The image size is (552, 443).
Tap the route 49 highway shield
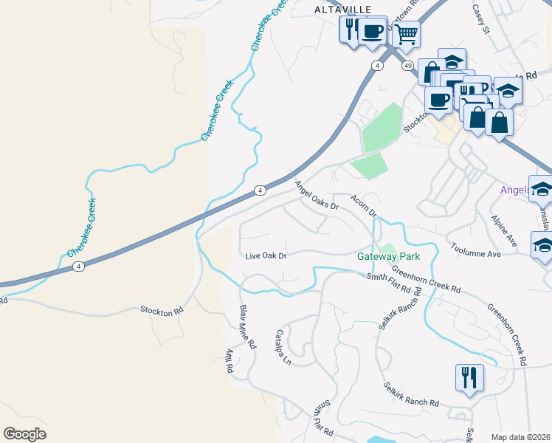coord(408,66)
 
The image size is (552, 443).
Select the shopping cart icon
coord(405,34)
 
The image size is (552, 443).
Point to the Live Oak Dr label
coord(266,255)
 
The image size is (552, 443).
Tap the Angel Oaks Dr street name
coord(316,196)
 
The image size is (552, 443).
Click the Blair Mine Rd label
coord(247,326)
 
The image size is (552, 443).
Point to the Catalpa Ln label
coord(284,347)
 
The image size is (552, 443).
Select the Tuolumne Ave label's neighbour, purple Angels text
coord(515,190)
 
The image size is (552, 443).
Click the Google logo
coord(24,434)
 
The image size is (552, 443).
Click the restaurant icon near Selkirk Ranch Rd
coord(469,378)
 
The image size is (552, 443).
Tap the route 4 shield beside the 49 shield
coord(377,66)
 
